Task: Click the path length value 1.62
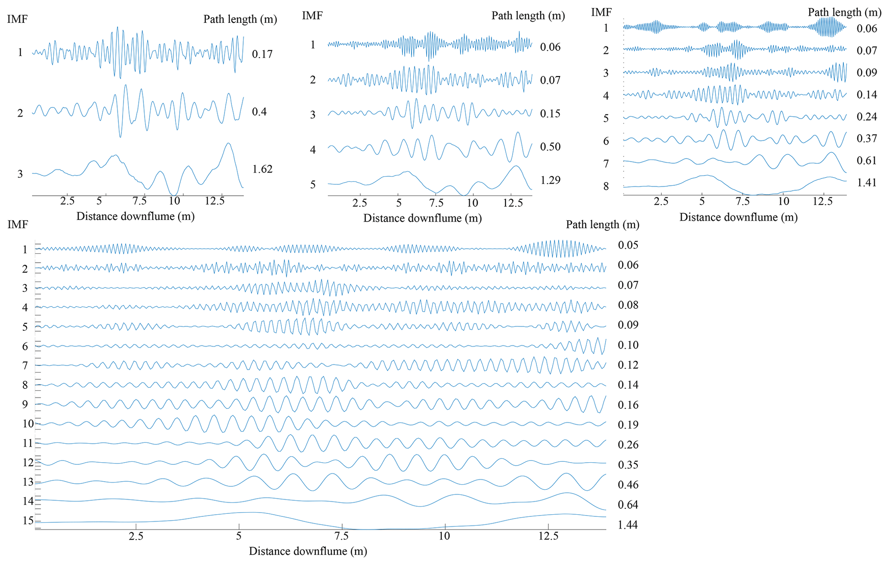(262, 169)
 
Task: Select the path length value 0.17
(262, 54)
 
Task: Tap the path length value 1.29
(551, 180)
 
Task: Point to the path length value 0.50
(551, 147)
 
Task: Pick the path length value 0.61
(867, 160)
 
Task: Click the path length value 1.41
(867, 183)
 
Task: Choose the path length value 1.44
(628, 525)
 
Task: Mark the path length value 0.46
(628, 485)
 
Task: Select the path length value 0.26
(628, 445)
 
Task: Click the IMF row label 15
(28, 521)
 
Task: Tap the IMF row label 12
(28, 463)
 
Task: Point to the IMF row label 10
(28, 424)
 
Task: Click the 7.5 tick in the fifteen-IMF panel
(341, 536)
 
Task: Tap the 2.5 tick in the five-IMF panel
(360, 203)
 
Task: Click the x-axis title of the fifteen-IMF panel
(308, 551)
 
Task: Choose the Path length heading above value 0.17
(240, 19)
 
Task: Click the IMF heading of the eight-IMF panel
(601, 12)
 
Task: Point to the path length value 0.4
(259, 112)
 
